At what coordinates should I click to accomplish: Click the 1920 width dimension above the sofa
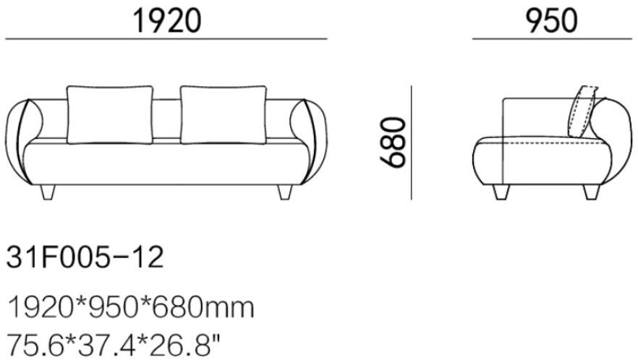point(167,21)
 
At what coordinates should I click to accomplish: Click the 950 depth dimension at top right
point(552,21)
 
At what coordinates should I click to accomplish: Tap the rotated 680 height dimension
point(393,142)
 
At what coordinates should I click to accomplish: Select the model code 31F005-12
point(85,257)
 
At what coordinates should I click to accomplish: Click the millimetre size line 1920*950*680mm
point(131,307)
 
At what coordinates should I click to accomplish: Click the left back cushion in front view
point(110,115)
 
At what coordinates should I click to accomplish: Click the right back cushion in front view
point(224,115)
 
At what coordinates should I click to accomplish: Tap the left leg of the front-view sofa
point(48,192)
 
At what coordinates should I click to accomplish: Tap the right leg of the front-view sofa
point(285,192)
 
